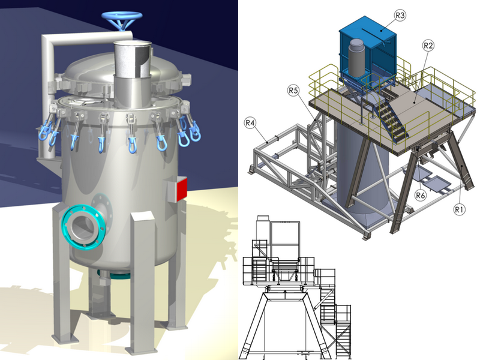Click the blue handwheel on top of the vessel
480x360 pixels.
pos(122,17)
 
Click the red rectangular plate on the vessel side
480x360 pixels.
pos(182,190)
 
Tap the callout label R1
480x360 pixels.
pos(458,209)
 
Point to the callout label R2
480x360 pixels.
pos(428,46)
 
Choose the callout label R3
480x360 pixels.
pos(400,16)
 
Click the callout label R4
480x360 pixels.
pos(250,123)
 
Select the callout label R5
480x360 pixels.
pos(293,91)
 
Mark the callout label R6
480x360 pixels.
pos(421,194)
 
